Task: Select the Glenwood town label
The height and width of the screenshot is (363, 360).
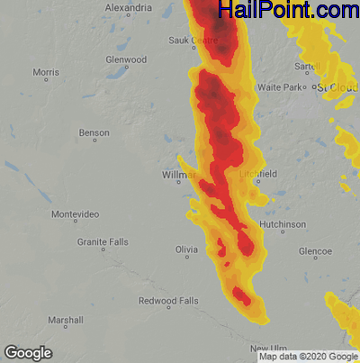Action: pyautogui.click(x=126, y=59)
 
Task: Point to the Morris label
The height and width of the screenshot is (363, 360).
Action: pyautogui.click(x=45, y=71)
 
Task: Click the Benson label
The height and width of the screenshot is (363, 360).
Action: pyautogui.click(x=94, y=132)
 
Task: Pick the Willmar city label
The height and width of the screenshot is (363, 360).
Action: pyautogui.click(x=178, y=174)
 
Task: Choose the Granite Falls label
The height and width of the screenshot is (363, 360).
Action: pyautogui.click(x=103, y=242)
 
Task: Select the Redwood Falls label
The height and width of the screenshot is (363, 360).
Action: pyautogui.click(x=168, y=300)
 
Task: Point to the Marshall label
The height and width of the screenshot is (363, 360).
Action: pyautogui.click(x=66, y=320)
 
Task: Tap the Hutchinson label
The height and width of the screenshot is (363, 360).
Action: pyautogui.click(x=282, y=224)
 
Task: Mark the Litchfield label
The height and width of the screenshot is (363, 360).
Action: pyautogui.click(x=259, y=173)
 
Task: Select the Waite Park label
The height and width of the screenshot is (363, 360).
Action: pyautogui.click(x=283, y=86)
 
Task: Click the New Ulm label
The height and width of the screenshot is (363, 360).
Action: pyautogui.click(x=268, y=348)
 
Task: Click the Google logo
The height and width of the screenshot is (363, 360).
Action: pyautogui.click(x=27, y=352)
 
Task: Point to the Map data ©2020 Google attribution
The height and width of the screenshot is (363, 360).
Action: pyautogui.click(x=308, y=357)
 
